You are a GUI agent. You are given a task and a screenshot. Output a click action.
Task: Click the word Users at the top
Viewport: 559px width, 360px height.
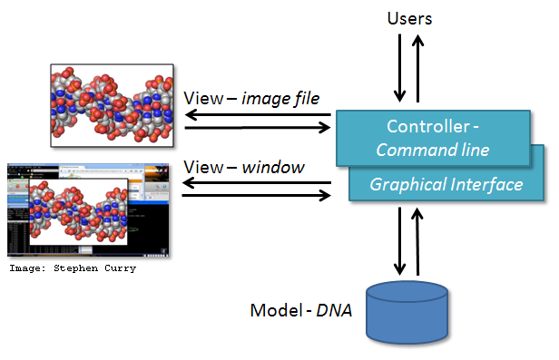pyautogui.click(x=409, y=18)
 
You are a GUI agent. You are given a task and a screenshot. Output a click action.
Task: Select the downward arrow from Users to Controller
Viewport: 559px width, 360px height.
pyautogui.click(x=398, y=69)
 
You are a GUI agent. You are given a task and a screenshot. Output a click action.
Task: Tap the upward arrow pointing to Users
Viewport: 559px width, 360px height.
pyautogui.click(x=418, y=69)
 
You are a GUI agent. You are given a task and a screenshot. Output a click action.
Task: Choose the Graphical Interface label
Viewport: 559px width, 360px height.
pyautogui.click(x=446, y=184)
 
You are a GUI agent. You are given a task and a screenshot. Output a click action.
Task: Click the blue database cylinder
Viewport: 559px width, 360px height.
pyautogui.click(x=407, y=313)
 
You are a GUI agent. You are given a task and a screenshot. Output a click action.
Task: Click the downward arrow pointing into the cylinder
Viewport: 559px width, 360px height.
pyautogui.click(x=398, y=241)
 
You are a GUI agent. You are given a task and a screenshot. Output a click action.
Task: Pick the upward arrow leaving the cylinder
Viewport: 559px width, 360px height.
pyautogui.click(x=418, y=241)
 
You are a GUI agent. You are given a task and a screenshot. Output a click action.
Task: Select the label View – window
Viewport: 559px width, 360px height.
pyautogui.click(x=243, y=167)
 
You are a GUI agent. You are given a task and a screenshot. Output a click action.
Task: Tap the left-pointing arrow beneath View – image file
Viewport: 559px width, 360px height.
pyautogui.click(x=257, y=113)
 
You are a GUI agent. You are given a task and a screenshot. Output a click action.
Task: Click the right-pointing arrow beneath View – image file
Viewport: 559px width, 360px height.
pyautogui.click(x=257, y=128)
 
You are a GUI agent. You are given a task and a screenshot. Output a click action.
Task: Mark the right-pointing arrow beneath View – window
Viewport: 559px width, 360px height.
pyautogui.click(x=257, y=195)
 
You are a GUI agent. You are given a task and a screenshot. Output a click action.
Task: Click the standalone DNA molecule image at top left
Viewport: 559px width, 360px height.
pyautogui.click(x=111, y=105)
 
